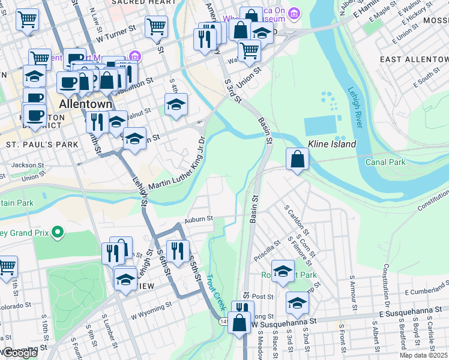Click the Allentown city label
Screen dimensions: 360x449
tap(85, 104)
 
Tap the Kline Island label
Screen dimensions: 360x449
tap(332, 144)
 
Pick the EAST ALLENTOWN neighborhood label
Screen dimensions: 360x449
tap(414, 59)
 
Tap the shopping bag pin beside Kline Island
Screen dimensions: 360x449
tap(297, 160)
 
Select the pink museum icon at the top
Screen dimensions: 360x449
tap(294, 13)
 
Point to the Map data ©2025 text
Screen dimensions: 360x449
tap(424, 356)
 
